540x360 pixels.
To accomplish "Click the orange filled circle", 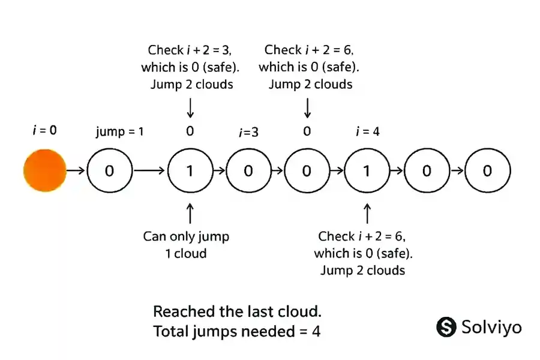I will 44,171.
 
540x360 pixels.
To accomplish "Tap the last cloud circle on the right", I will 487,171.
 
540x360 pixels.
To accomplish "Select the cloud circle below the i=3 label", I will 248,171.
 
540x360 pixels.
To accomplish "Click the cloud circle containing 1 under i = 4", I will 367,171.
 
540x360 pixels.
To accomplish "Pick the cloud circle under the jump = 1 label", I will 109,171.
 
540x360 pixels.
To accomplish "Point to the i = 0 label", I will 44,128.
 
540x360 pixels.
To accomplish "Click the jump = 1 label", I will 119,131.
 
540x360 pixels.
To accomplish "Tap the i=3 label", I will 248,132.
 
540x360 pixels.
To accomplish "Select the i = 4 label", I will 367,131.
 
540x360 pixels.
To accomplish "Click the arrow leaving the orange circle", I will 75,171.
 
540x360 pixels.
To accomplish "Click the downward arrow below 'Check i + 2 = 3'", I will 190,108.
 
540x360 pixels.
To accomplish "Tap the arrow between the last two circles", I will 457,171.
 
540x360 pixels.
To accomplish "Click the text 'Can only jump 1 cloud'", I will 186,245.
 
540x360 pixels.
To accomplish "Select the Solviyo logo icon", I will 446,327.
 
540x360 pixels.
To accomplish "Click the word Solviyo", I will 491,327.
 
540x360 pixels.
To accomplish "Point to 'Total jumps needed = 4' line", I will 236,331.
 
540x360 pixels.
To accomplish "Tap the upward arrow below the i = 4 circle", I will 367,213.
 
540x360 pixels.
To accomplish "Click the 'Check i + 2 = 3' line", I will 190,50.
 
